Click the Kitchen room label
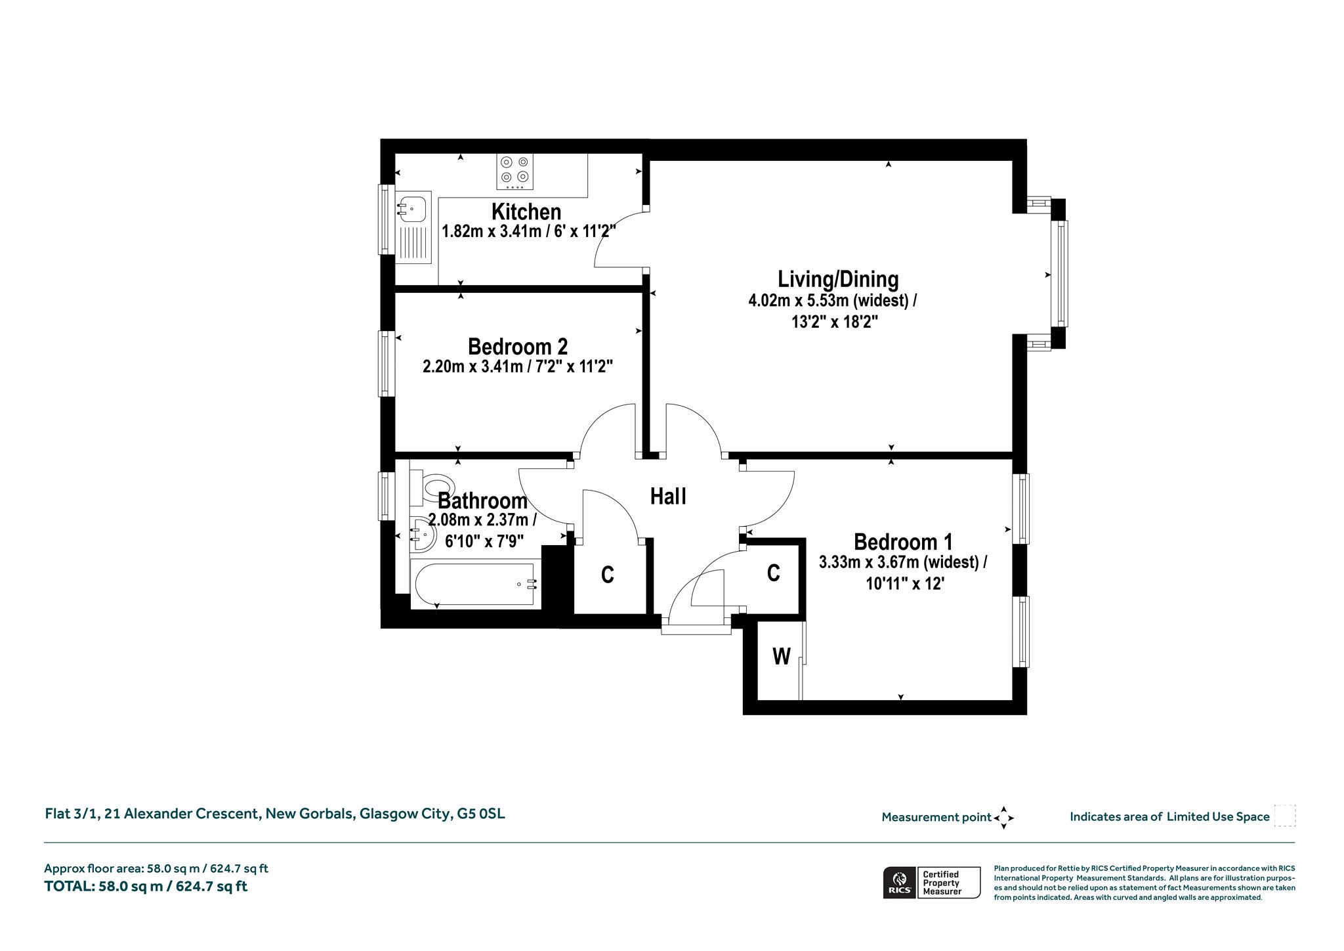click(x=526, y=212)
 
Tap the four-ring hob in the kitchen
click(x=515, y=171)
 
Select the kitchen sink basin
click(x=412, y=209)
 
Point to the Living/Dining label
click(x=838, y=279)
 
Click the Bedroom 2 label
click(x=518, y=346)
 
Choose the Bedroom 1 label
click(x=903, y=542)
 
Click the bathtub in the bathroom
click(x=476, y=584)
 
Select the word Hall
click(x=668, y=497)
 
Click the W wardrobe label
click(x=781, y=655)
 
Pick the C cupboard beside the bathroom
click(x=608, y=575)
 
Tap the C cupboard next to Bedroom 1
click(x=774, y=573)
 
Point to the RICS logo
click(x=899, y=882)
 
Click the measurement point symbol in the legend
click(x=1003, y=818)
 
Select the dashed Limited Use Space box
click(x=1285, y=816)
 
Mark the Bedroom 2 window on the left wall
click(x=386, y=363)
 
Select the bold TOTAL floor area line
click(x=146, y=887)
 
